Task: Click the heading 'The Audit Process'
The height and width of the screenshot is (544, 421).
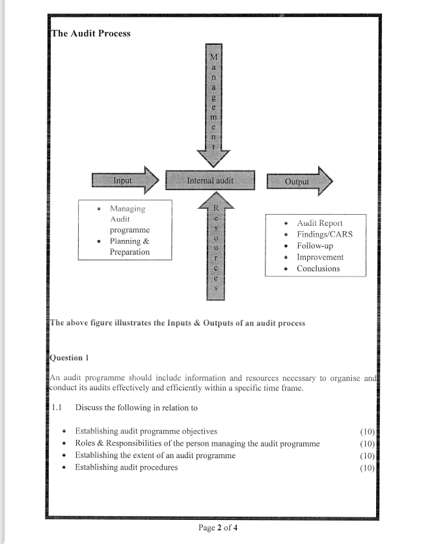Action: click(90, 34)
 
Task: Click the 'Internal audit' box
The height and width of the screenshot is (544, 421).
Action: click(210, 180)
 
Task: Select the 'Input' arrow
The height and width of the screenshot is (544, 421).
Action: click(124, 180)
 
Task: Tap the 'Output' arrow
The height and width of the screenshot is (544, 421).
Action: click(299, 182)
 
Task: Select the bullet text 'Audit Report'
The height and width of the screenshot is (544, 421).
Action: click(319, 223)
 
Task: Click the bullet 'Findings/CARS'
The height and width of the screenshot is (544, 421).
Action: click(324, 234)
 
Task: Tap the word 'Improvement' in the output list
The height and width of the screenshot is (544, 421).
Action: click(320, 257)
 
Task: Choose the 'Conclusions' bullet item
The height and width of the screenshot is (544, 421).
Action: click(318, 269)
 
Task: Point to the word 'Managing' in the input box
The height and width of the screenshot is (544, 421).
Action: click(128, 209)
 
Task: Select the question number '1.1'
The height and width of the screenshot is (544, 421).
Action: click(57, 408)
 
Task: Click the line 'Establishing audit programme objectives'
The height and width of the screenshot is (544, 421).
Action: click(146, 431)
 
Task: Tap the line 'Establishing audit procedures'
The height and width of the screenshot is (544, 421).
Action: click(126, 467)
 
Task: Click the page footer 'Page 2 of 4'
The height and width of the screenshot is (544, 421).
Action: click(217, 528)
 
